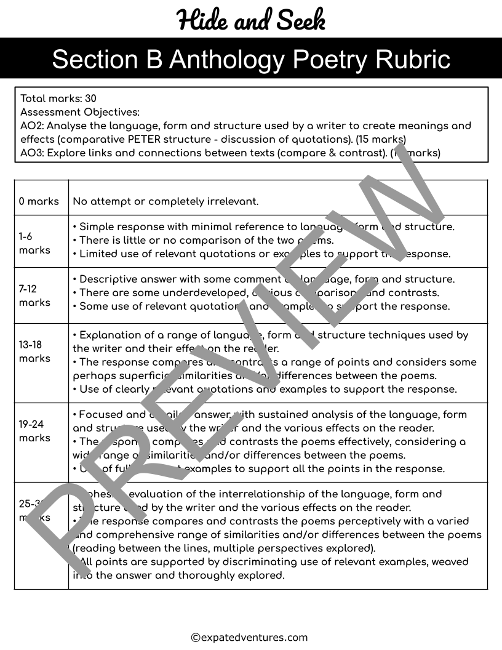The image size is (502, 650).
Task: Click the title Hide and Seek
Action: coord(251,20)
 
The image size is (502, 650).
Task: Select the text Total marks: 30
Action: coord(58,98)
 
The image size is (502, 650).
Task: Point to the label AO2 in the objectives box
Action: coord(31,126)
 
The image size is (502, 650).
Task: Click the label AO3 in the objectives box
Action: coord(31,153)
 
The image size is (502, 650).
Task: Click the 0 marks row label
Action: coord(39,201)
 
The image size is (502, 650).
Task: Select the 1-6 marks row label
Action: coord(34,243)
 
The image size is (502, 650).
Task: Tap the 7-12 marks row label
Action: coord(34,295)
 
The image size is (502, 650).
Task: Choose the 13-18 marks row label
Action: coord(34,351)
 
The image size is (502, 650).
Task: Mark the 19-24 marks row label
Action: coord(34,431)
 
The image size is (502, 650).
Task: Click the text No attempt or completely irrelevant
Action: coord(165,201)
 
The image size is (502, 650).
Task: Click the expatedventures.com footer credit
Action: coord(249,638)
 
